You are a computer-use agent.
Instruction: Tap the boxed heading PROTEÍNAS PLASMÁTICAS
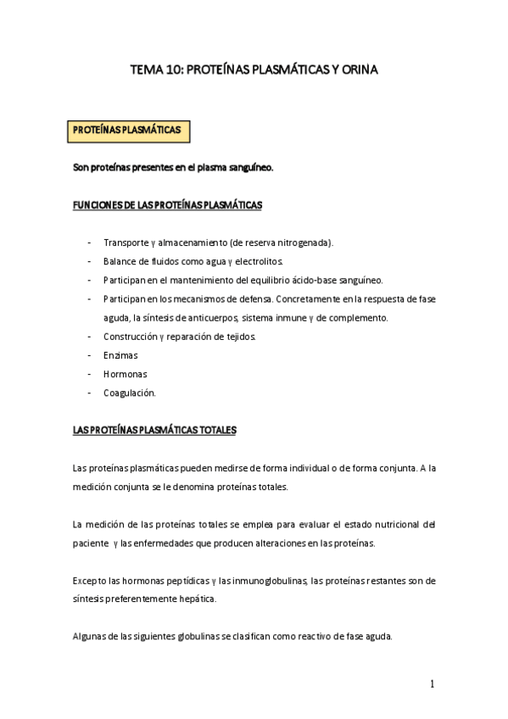pos(127,131)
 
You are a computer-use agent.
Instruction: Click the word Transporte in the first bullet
pos(125,242)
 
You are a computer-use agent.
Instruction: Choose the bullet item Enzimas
pos(120,355)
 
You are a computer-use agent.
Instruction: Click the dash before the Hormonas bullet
pos(90,374)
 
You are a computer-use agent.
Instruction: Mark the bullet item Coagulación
pos(129,393)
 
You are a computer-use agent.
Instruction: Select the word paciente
pos(90,543)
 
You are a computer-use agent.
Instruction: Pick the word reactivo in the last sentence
pos(304,637)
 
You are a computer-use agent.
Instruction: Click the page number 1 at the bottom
pos(432,684)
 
